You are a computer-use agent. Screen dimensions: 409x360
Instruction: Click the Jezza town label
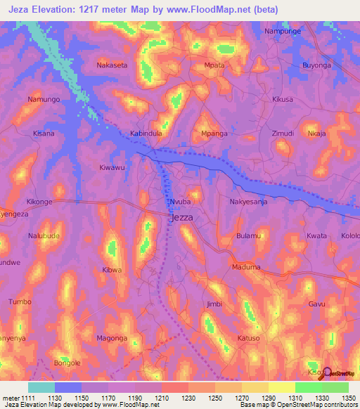click(181, 218)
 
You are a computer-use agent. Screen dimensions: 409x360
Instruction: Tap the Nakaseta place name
click(111, 65)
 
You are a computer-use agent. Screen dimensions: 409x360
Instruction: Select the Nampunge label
click(281, 32)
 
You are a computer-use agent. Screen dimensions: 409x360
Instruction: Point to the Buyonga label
click(316, 65)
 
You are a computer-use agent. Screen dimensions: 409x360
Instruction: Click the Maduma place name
click(245, 267)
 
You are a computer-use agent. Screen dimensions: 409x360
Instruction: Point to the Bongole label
click(68, 363)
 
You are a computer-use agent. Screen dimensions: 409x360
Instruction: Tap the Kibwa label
click(112, 270)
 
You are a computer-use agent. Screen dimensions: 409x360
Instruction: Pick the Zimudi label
click(283, 133)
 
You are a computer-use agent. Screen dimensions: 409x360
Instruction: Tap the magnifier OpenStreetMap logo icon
click(326, 372)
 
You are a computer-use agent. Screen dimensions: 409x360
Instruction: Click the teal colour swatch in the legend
click(41, 387)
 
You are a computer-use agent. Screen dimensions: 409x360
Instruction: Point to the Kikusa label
click(282, 100)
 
